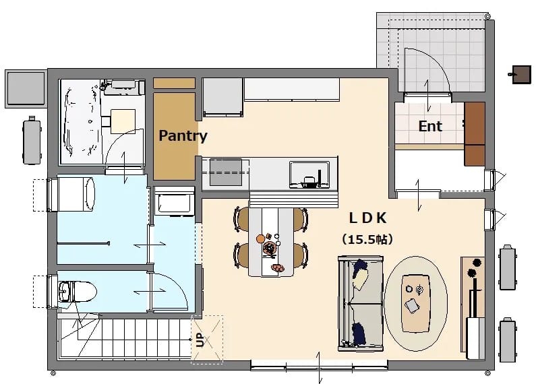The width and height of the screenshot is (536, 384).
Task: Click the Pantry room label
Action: point(183,135)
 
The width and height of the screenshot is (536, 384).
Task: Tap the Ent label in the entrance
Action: point(430,126)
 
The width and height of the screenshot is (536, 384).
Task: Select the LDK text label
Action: point(368,218)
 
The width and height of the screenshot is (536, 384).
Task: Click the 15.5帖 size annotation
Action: point(367,239)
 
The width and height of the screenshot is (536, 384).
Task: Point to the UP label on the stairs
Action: point(200,340)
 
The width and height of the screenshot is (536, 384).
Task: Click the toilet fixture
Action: point(78,292)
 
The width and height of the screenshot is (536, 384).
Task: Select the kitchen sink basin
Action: point(309,174)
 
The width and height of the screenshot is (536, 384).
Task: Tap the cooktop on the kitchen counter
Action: point(226,172)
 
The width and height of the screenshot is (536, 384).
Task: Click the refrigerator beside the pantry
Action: point(223,97)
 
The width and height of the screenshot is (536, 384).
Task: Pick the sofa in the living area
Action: point(361,303)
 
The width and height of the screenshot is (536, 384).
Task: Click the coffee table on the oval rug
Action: point(416,303)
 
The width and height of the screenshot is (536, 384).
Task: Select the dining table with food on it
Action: point(271,242)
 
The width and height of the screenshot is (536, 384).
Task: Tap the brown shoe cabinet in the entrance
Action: point(475,134)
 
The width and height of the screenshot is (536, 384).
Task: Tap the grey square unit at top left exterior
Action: point(26,89)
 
